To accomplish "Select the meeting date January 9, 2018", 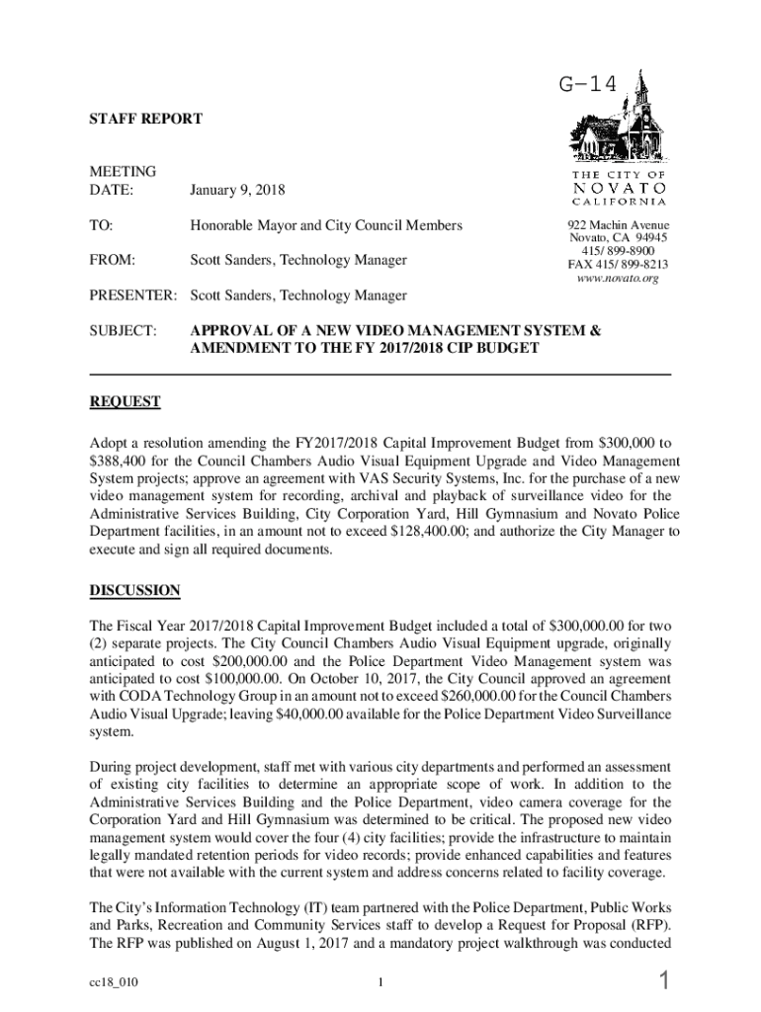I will [x=238, y=189].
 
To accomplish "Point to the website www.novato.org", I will [x=617, y=279].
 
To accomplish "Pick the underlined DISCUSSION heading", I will [x=135, y=590].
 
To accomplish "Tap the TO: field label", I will [x=102, y=225].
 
